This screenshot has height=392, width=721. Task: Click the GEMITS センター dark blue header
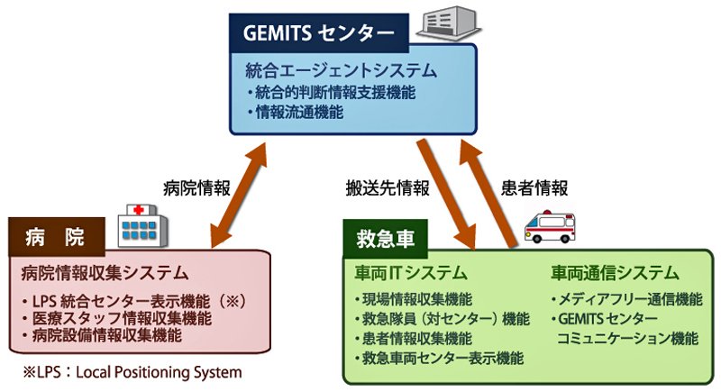tap(319, 33)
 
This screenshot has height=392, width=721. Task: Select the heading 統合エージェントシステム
tap(342, 70)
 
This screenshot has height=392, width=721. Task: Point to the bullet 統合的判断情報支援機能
tap(332, 93)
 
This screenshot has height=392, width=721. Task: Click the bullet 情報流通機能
tap(296, 112)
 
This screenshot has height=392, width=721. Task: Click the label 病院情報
tap(196, 188)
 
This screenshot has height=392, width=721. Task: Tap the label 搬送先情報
tap(388, 188)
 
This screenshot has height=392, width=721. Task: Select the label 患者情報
tap(534, 188)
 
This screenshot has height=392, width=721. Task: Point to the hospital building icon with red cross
tap(142, 226)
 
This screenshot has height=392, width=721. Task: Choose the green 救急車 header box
tap(386, 239)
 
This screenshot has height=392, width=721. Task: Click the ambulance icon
tap(550, 226)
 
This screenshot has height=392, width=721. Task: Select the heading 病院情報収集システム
tap(105, 273)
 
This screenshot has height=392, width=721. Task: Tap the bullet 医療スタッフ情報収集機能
tap(118, 318)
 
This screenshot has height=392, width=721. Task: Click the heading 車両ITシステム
tap(411, 273)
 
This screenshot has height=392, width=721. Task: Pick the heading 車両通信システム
tap(615, 273)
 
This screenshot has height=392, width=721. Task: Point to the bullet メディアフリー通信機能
tap(626, 299)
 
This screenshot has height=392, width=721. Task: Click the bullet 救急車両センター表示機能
tap(439, 358)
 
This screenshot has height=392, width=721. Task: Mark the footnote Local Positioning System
tap(159, 372)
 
